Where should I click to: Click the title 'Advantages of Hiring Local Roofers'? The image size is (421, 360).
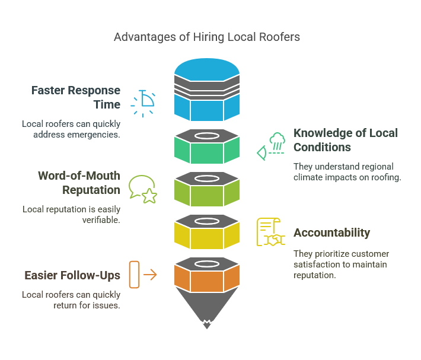click(207, 37)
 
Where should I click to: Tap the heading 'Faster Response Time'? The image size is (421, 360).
click(76, 97)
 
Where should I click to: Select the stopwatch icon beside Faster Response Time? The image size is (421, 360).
click(143, 102)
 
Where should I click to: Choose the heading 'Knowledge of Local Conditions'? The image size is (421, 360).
click(345, 140)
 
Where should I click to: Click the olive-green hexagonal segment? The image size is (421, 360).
click(207, 193)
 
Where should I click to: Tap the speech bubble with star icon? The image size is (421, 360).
click(142, 189)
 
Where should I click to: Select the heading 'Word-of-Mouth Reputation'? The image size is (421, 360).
click(79, 183)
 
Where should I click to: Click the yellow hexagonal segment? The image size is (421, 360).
click(207, 236)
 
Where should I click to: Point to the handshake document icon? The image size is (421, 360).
click(270, 232)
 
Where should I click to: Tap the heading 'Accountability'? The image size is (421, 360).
click(331, 232)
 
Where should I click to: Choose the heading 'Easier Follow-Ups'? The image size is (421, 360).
click(72, 275)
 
